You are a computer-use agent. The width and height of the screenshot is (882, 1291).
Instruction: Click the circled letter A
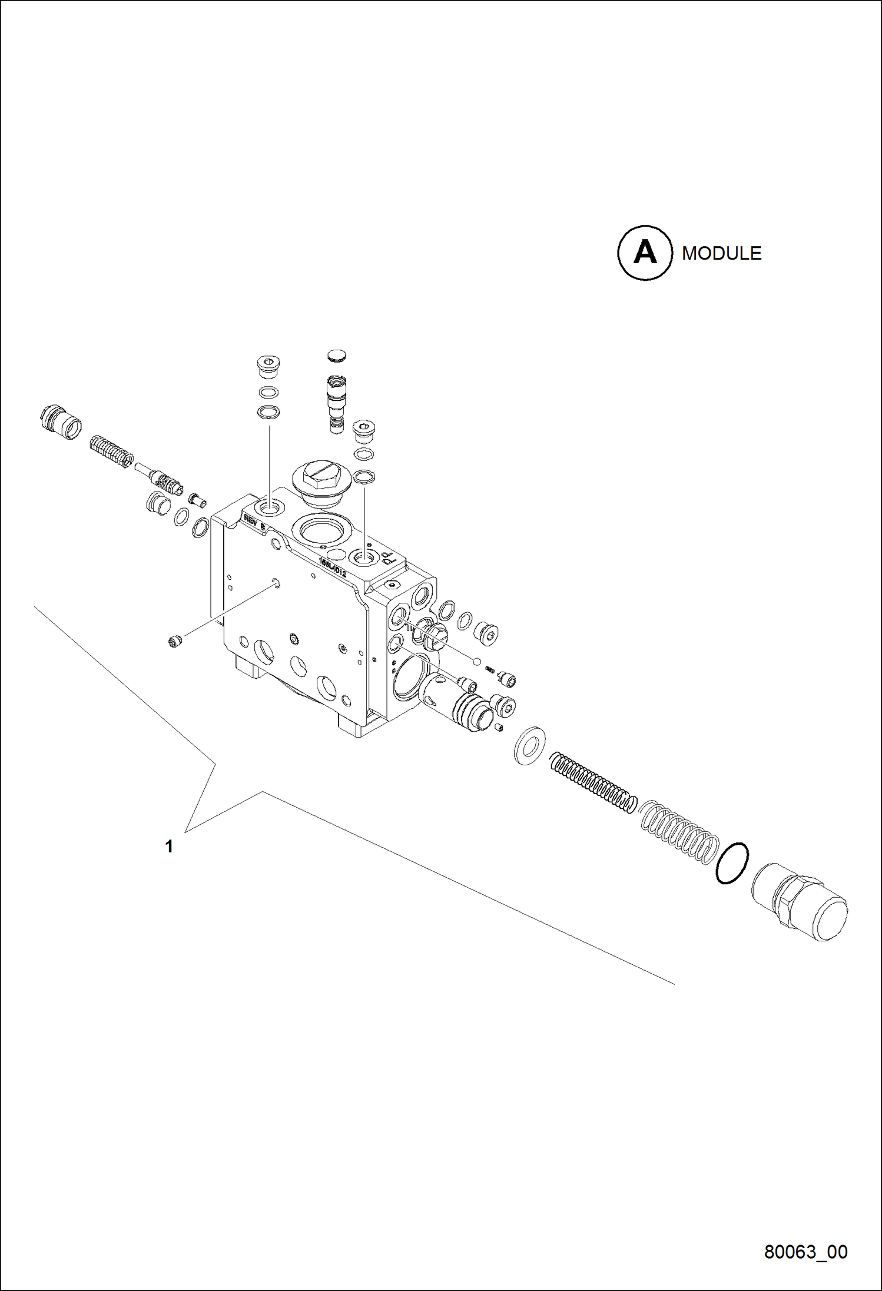click(x=645, y=253)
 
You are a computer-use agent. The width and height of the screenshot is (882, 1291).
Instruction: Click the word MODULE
click(x=721, y=253)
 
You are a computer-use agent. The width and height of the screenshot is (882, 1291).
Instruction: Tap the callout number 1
click(x=169, y=847)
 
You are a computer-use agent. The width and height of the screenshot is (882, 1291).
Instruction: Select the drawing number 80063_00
click(x=805, y=1252)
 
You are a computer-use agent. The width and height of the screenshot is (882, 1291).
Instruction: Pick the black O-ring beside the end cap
click(x=732, y=863)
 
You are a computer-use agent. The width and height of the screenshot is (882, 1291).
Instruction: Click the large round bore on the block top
click(x=322, y=529)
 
